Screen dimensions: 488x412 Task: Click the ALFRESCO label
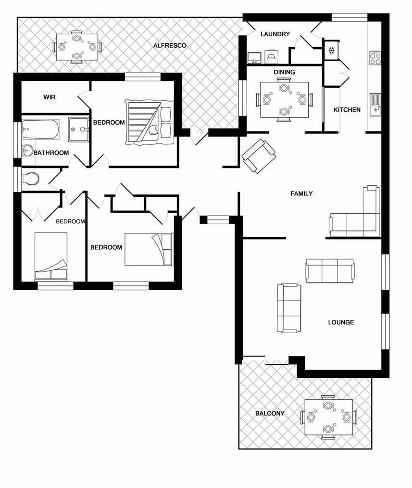pos(170,46)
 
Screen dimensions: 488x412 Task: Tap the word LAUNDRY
pos(275,34)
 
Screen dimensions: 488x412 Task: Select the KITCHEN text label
pos(347,110)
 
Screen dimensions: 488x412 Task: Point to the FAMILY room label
pos(301,193)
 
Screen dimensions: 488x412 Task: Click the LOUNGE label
pos(341,322)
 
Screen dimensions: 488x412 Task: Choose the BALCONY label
pos(270,413)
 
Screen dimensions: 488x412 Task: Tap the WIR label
pos(50,97)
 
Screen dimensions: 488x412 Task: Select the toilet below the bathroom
pos(30,179)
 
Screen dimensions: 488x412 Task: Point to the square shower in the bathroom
pos(79,129)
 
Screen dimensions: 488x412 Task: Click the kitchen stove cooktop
pos(375,58)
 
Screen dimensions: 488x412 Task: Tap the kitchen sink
pos(375,104)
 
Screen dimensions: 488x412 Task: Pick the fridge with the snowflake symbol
pos(331,51)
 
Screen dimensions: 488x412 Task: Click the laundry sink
pos(253,58)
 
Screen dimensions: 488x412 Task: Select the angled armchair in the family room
pos(259,156)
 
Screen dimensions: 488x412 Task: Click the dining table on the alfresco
pos(76,47)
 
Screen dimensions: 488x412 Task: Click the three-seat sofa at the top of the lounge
pos(330,270)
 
